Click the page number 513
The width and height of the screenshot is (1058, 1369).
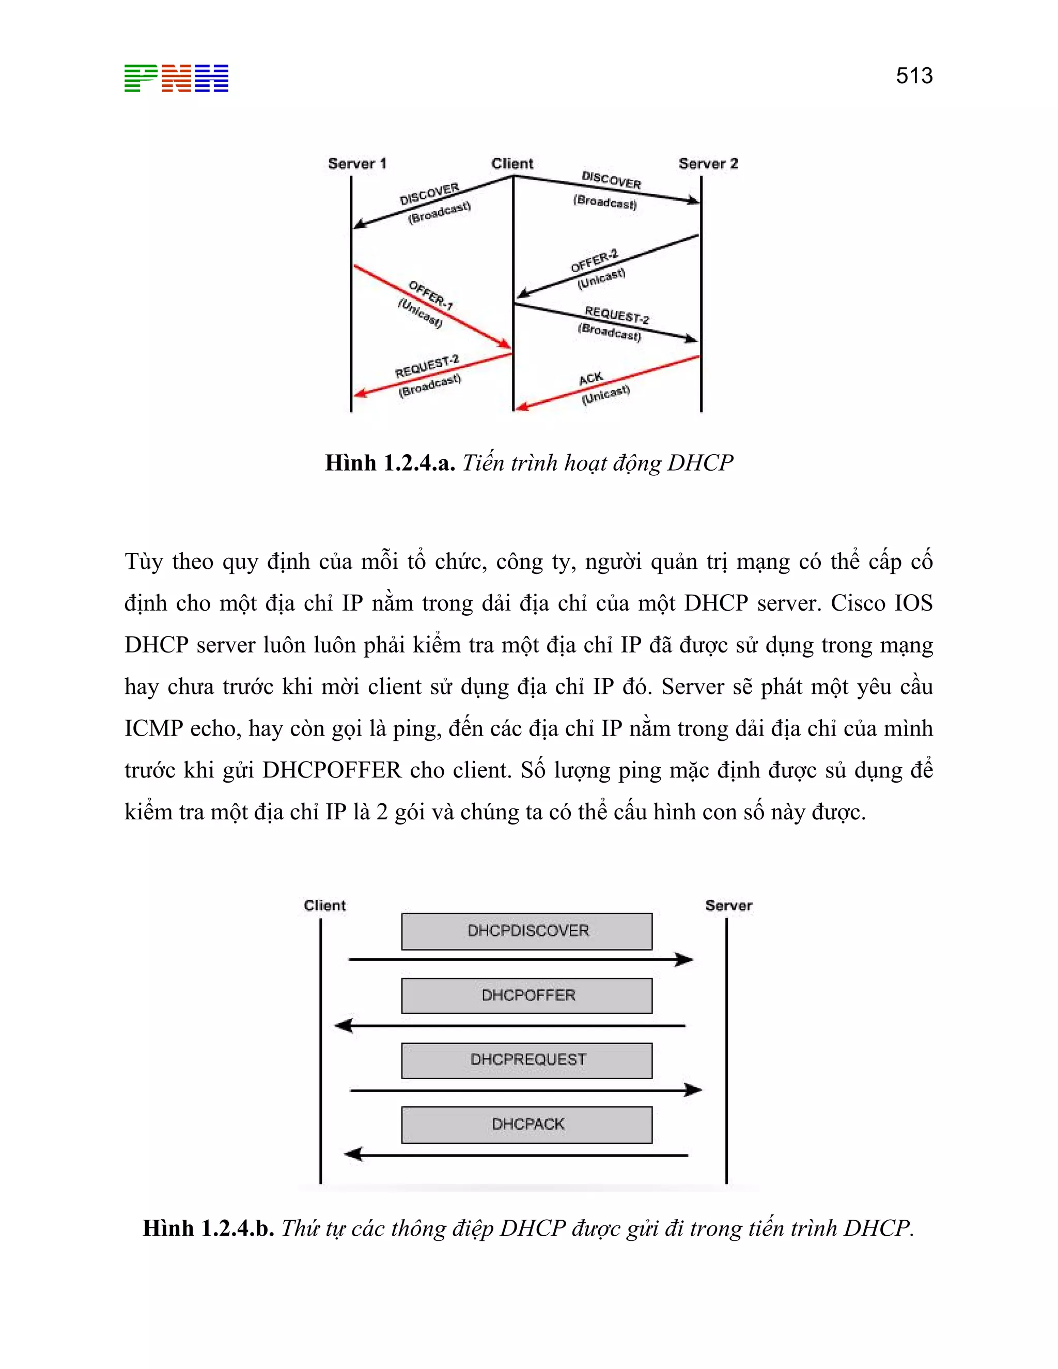pyautogui.click(x=914, y=76)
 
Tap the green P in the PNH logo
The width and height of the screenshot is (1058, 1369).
pyautogui.click(x=141, y=79)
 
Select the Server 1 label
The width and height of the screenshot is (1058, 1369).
pyautogui.click(x=356, y=164)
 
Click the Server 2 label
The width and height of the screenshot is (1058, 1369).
pyautogui.click(x=708, y=164)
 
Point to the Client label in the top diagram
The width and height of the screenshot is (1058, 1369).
pyautogui.click(x=511, y=164)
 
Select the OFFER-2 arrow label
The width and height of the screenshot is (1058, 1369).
pyautogui.click(x=594, y=261)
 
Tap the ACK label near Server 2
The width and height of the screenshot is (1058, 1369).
pyautogui.click(x=590, y=379)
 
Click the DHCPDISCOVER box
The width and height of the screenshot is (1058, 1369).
pyautogui.click(x=526, y=931)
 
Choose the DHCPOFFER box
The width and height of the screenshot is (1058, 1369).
pyautogui.click(x=526, y=995)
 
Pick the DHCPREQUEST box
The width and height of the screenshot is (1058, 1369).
pyautogui.click(x=526, y=1060)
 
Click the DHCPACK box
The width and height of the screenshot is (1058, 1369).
pyautogui.click(x=526, y=1125)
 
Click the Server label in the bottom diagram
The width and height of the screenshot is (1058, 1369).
pyautogui.click(x=728, y=905)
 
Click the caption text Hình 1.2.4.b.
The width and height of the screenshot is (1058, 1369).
pyautogui.click(x=208, y=1228)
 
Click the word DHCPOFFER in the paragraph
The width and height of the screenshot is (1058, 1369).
pyautogui.click(x=332, y=770)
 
